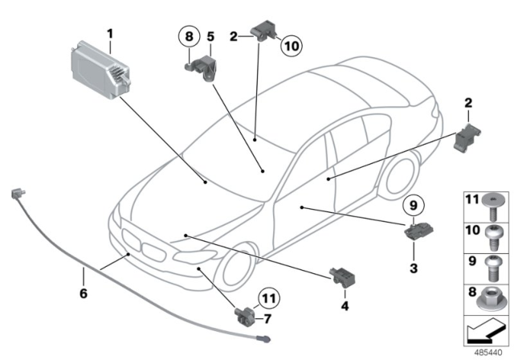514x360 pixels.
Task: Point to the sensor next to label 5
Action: tap(203, 65)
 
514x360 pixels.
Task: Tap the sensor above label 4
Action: tap(338, 275)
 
